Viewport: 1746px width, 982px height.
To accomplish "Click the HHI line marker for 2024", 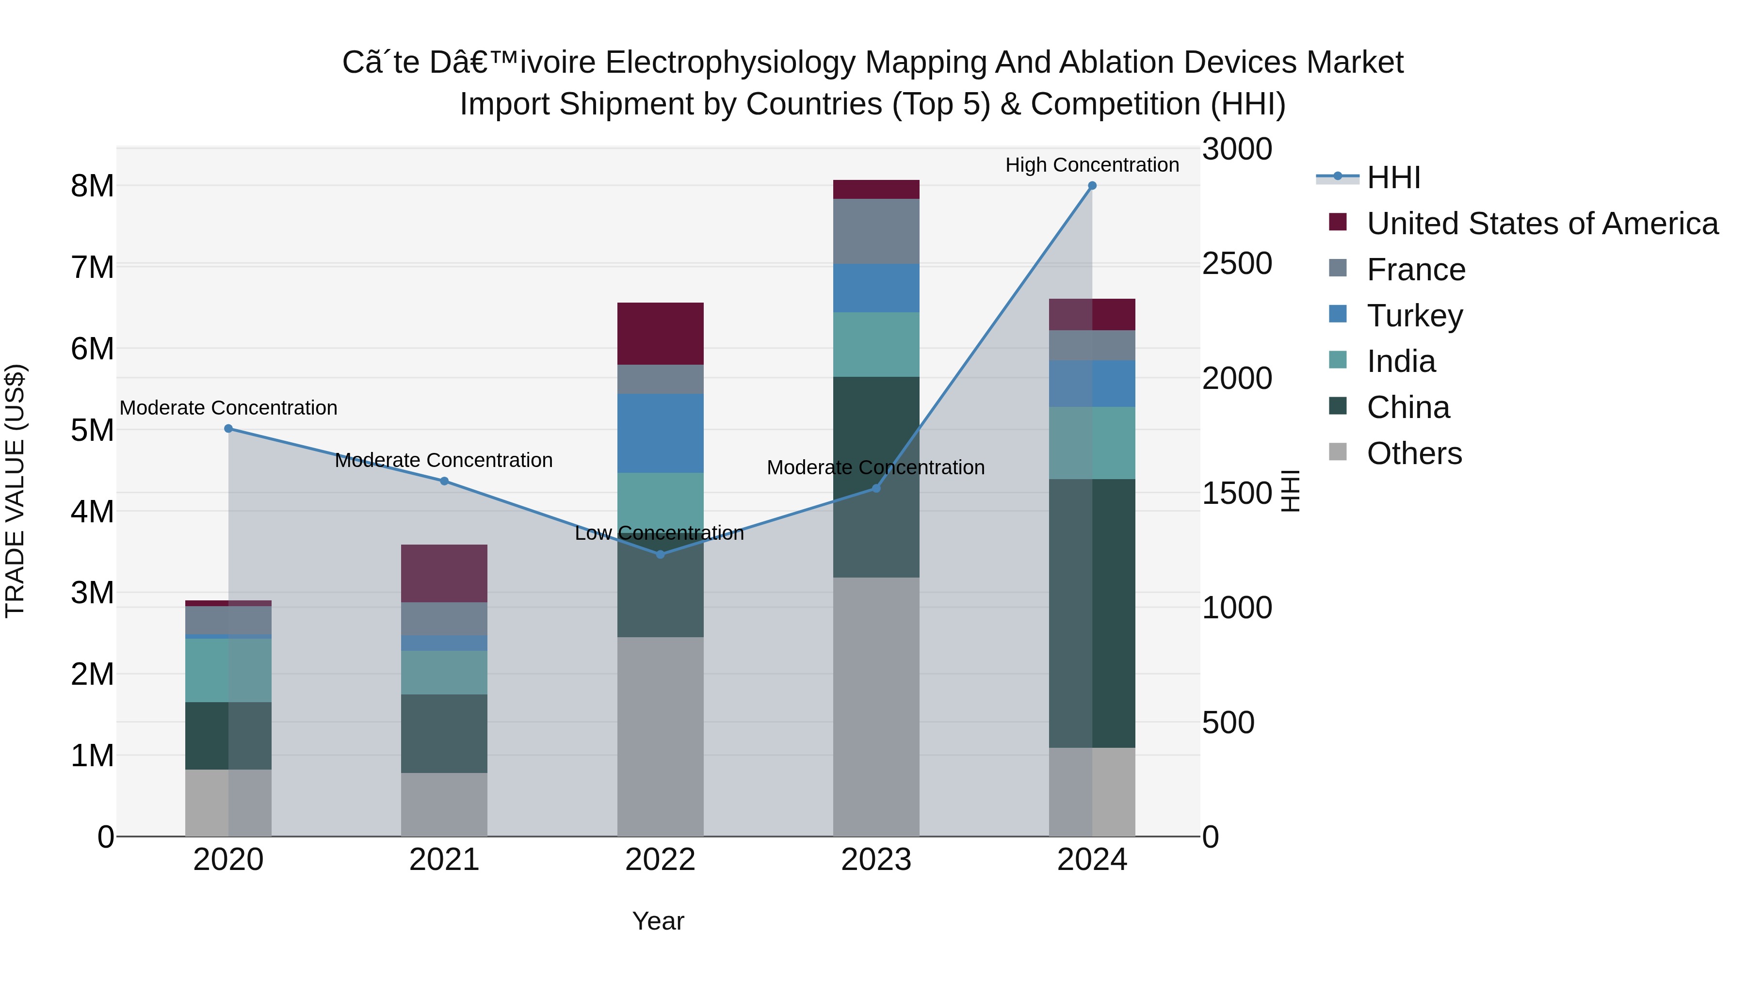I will click(1092, 186).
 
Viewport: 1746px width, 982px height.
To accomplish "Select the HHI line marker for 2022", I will click(660, 554).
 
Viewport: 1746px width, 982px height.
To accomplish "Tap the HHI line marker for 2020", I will click(228, 428).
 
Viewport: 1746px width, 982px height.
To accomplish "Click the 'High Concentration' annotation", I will click(1091, 165).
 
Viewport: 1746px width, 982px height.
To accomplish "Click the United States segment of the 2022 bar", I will click(660, 334).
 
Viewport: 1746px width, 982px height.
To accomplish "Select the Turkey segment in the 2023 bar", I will click(876, 288).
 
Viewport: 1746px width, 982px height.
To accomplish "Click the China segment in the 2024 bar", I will click(1092, 613).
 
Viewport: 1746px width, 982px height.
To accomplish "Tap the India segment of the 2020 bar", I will click(228, 670).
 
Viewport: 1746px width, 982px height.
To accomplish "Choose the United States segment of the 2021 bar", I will click(444, 573).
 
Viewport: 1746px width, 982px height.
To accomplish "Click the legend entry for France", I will click(1415, 270).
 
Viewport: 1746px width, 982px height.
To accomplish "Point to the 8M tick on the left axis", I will click(92, 186).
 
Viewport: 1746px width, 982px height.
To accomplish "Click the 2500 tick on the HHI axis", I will click(1236, 264).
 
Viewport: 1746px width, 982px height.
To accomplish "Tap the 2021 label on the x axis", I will click(444, 860).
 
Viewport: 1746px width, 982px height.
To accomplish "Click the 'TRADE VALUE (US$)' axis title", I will click(15, 491).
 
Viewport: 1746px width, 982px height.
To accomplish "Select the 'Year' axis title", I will click(658, 921).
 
